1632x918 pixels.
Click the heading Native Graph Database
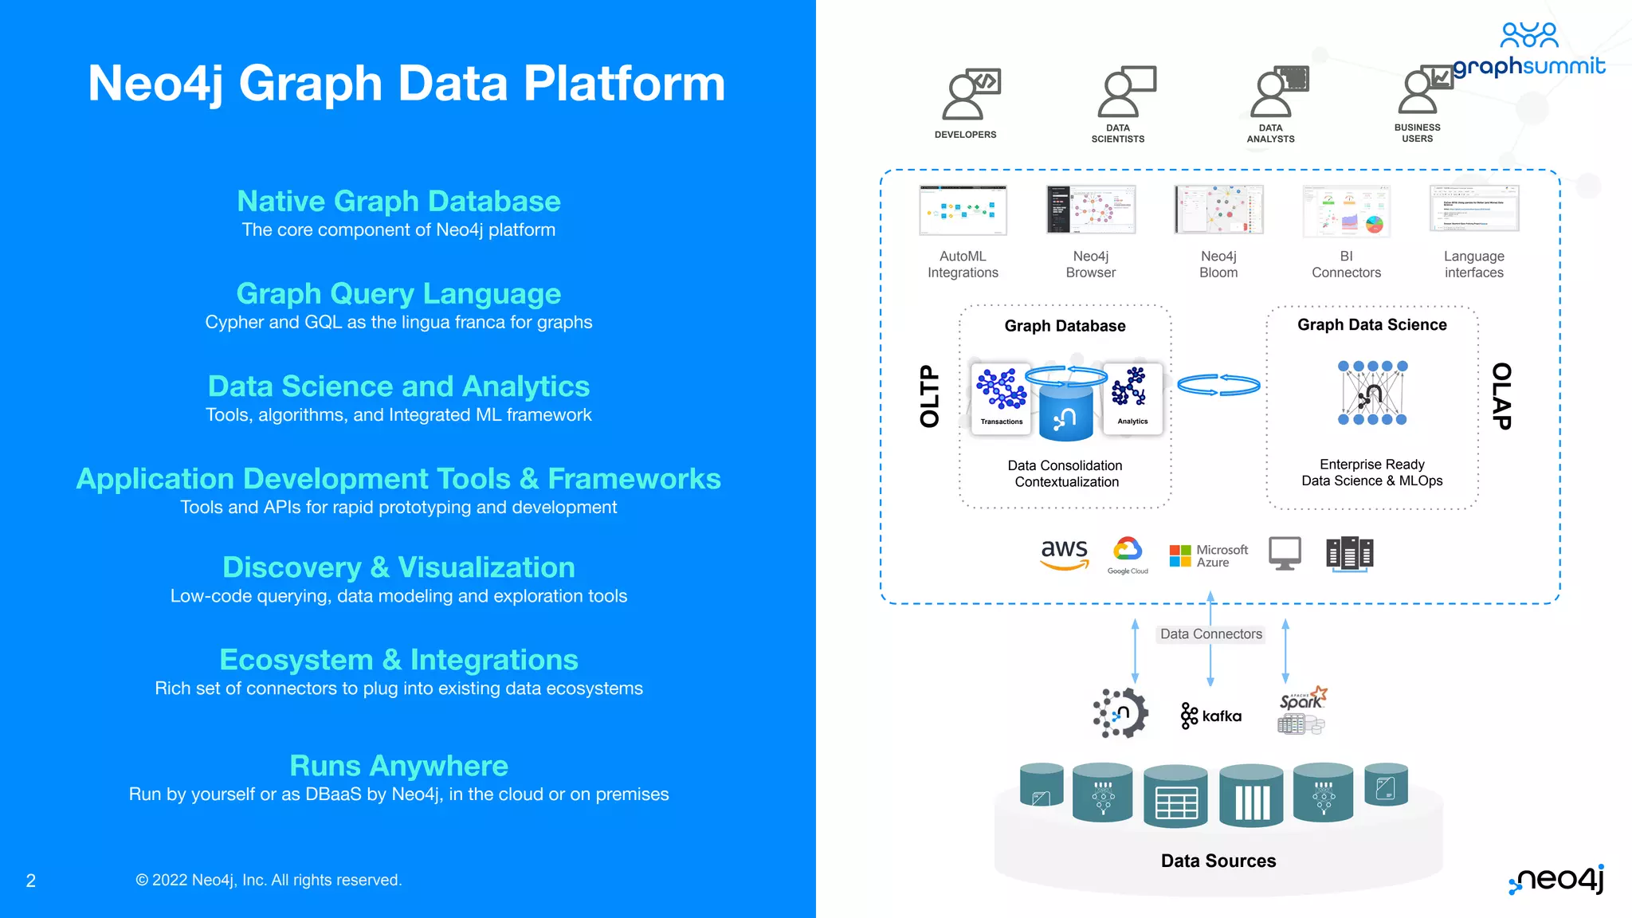(x=398, y=201)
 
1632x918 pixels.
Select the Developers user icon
(x=969, y=94)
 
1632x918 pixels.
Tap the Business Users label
(x=1417, y=133)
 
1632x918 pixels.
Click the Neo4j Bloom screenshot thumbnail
(x=1218, y=210)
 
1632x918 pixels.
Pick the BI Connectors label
(x=1346, y=265)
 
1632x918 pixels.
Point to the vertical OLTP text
(x=929, y=396)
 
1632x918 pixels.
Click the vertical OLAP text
(x=1501, y=396)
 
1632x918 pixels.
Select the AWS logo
(x=1064, y=554)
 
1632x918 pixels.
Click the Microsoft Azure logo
(x=1208, y=555)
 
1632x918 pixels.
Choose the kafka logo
(x=1211, y=716)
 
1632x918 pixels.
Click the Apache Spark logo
(x=1302, y=708)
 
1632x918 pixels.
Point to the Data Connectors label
(x=1210, y=634)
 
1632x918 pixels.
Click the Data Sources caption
(x=1218, y=861)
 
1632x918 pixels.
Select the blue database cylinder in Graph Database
(x=1065, y=410)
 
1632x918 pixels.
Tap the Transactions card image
(x=1002, y=397)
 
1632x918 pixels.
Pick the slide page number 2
(x=31, y=881)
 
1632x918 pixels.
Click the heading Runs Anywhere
(x=398, y=765)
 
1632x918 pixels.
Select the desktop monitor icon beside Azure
(x=1285, y=553)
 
